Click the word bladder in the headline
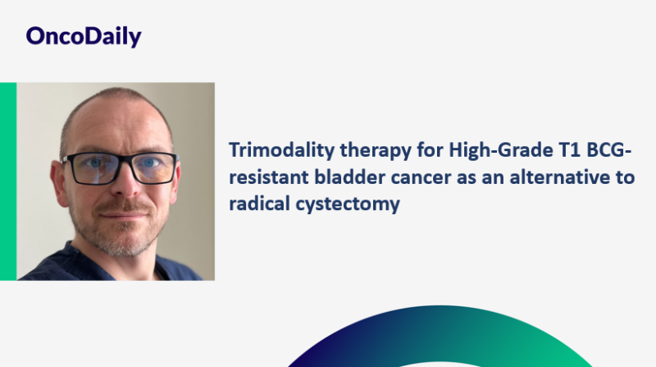click(x=338, y=178)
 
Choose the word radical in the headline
click(x=256, y=204)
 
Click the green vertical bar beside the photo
click(x=8, y=181)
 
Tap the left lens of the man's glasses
click(x=92, y=168)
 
